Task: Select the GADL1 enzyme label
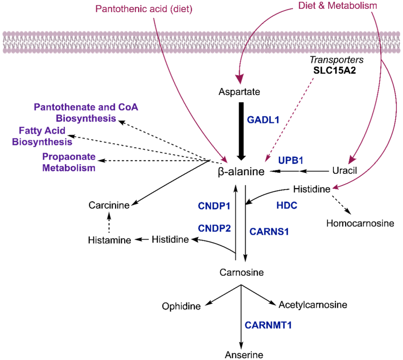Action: pos(263,120)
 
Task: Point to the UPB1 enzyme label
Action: pos(290,161)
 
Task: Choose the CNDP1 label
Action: pos(214,206)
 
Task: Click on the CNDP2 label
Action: pos(214,228)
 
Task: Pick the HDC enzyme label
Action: pos(287,206)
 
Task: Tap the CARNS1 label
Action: pos(269,232)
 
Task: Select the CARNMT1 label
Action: pos(268,325)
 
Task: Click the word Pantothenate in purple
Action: pos(62,107)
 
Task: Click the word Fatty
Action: pos(30,130)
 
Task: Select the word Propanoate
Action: pos(69,157)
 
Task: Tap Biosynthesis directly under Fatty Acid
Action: pos(42,142)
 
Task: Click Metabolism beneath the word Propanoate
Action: pos(69,168)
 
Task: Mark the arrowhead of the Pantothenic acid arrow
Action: pos(225,161)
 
